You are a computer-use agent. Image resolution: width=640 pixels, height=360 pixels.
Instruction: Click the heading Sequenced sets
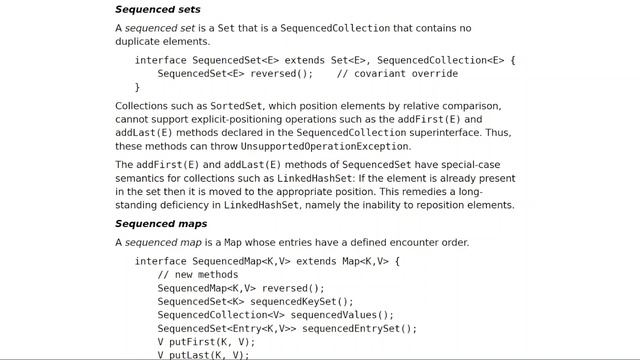point(158,9)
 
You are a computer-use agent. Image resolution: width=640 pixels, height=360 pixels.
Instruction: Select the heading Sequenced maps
point(162,223)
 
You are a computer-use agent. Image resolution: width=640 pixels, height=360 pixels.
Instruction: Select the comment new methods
point(197,275)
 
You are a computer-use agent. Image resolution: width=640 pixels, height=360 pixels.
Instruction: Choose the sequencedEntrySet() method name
point(359,328)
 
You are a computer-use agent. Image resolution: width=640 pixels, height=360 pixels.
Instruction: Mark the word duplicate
point(143,42)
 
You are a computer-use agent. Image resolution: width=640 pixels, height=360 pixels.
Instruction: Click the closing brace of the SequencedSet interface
point(138,87)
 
